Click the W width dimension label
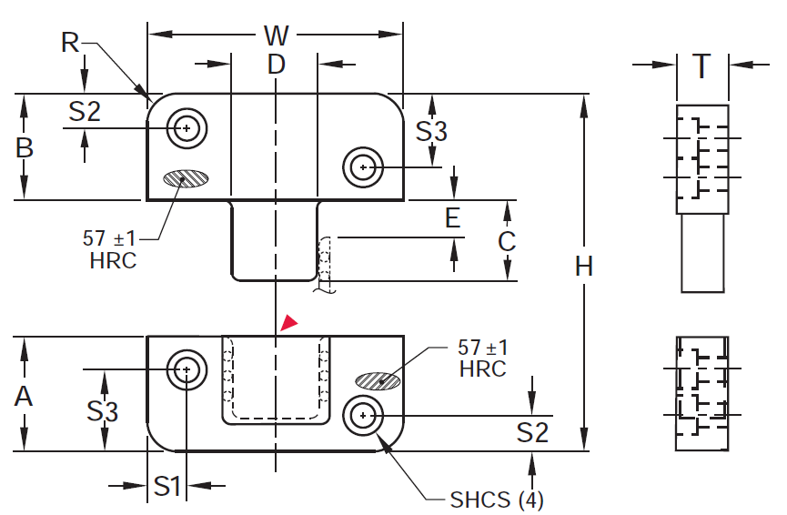276,35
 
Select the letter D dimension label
276,65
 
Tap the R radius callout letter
70,42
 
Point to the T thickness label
701,66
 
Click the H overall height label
584,266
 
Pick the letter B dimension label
24,147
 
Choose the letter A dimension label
24,396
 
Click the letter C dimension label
507,241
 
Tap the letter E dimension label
453,218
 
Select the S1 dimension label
166,486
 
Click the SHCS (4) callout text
497,500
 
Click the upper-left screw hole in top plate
187,128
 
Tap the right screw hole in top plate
363,167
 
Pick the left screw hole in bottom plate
187,370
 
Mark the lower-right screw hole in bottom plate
363,416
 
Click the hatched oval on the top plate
186,178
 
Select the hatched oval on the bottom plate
378,381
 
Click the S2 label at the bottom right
532,432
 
